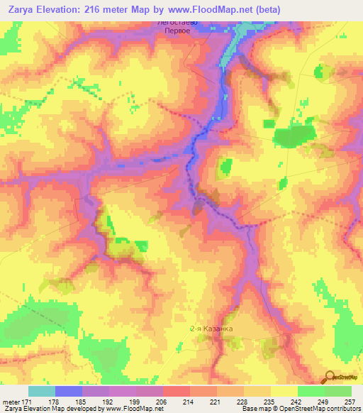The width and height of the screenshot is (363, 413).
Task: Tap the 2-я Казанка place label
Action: pyautogui.click(x=211, y=329)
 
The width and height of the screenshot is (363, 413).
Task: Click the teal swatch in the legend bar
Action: pyautogui.click(x=42, y=391)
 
